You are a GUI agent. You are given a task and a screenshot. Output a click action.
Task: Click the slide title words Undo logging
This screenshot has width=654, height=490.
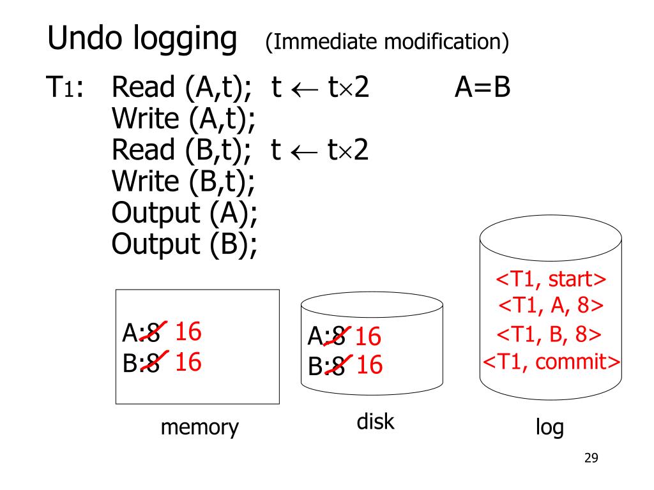(141, 40)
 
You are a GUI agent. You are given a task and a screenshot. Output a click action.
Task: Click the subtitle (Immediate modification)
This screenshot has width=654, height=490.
(386, 42)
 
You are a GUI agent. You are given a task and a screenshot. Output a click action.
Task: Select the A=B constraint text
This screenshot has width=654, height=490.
(483, 88)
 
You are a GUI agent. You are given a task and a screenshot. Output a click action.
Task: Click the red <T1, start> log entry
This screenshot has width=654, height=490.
(551, 280)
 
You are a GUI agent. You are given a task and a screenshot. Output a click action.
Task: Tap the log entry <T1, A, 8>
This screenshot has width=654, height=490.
(551, 306)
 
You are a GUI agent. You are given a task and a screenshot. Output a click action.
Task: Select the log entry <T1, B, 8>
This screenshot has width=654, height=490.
(551, 334)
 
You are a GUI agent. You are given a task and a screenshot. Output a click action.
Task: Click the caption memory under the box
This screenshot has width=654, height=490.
(199, 427)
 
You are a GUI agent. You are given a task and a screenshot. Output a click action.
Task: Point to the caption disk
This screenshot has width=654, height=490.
(376, 422)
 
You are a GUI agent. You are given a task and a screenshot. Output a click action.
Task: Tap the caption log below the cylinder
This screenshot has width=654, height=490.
(550, 427)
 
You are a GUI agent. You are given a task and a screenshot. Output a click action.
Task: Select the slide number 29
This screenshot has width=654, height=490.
(591, 458)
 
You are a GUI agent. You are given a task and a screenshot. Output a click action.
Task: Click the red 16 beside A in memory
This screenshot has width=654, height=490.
(188, 332)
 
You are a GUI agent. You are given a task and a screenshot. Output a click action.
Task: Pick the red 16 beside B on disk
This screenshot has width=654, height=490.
(369, 366)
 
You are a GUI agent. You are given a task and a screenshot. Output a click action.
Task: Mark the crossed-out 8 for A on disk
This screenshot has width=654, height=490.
(339, 336)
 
